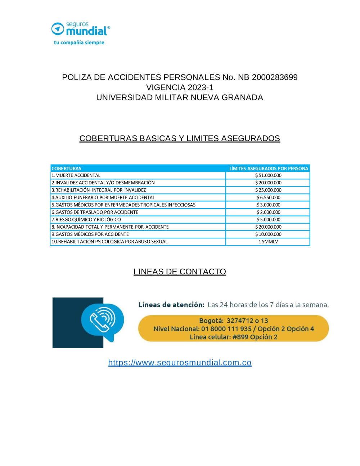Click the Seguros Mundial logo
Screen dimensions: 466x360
point(81,29)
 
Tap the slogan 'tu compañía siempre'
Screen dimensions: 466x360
point(79,42)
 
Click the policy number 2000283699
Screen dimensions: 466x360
point(275,77)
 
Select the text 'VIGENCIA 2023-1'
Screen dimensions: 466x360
point(180,87)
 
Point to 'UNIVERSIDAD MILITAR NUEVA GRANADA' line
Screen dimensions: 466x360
point(180,97)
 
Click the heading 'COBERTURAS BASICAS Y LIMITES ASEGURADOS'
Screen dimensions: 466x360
point(180,138)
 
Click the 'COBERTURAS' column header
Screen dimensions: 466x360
point(67,169)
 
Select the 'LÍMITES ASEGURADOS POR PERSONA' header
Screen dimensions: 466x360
point(269,169)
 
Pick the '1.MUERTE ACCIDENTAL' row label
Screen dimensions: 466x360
point(76,175)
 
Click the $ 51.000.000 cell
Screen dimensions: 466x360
point(268,175)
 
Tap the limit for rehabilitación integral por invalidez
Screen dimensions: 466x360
point(268,190)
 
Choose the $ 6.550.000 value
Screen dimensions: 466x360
point(268,197)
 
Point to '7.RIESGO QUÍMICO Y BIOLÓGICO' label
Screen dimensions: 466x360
point(86,219)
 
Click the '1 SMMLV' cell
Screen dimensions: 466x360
point(268,242)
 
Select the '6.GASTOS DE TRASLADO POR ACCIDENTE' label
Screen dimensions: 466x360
point(95,212)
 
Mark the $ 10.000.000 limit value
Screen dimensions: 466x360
point(268,234)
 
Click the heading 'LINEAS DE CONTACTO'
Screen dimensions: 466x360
point(180,272)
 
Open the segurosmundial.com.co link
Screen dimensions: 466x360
point(180,363)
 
